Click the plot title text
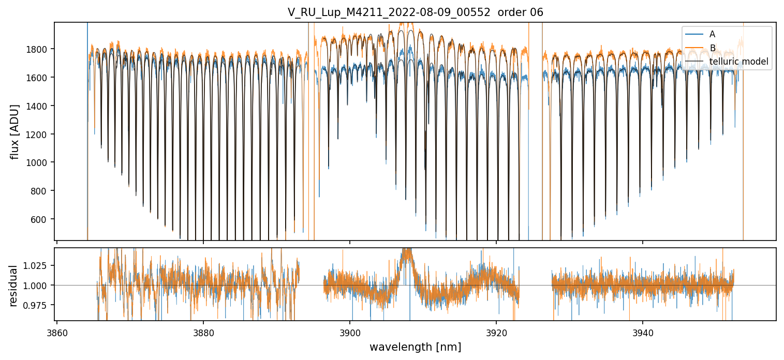click(415, 12)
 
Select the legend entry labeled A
click(712, 34)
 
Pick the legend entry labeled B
click(712, 48)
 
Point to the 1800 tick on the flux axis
click(39, 50)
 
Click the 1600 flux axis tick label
click(39, 78)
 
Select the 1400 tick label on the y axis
click(39, 106)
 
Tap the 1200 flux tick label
click(39, 134)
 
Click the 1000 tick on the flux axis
click(39, 163)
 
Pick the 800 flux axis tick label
click(41, 191)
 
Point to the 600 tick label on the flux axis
click(41, 219)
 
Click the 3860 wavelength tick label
click(57, 332)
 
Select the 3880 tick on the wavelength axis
click(203, 332)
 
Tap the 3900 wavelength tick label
click(350, 332)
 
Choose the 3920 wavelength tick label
click(496, 332)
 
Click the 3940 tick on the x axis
click(643, 332)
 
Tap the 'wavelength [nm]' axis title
click(415, 347)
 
